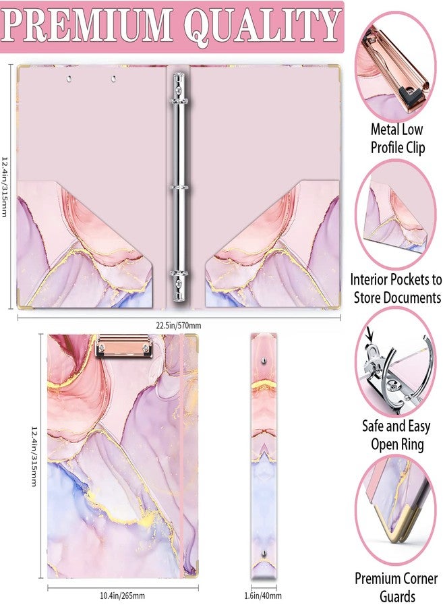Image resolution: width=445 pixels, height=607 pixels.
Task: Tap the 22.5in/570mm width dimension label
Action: pos(179,326)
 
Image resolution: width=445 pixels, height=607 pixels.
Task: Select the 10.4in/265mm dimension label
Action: pos(122,596)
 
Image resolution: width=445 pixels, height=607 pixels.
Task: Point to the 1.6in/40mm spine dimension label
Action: pos(263,596)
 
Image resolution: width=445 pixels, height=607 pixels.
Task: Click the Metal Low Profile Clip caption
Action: pos(397,138)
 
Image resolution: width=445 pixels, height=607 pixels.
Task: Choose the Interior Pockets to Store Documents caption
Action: pos(396,289)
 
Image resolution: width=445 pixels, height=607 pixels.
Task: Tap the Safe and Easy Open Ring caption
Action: pos(396,435)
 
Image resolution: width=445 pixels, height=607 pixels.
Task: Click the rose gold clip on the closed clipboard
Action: pos(124,346)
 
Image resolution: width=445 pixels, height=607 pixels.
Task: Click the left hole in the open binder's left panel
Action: pos(69,79)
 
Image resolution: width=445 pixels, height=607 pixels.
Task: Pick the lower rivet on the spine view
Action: pos(264,553)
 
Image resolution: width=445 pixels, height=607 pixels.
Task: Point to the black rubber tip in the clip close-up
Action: pos(407,92)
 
